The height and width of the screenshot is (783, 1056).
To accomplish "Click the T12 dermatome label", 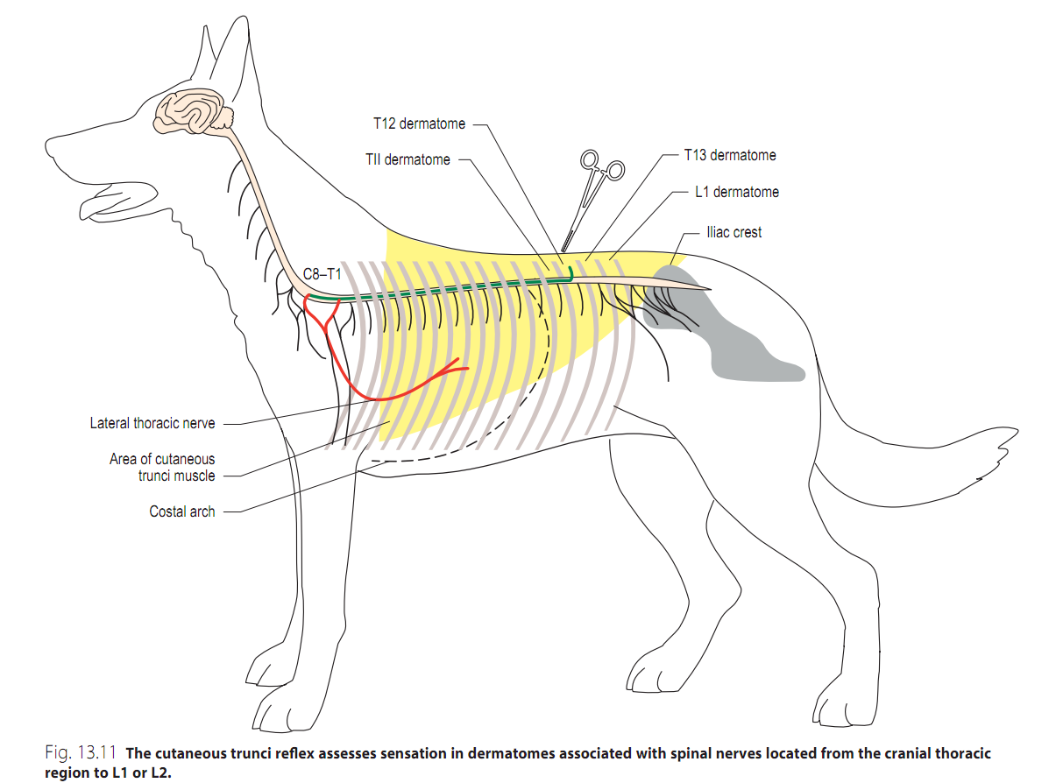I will click(419, 123).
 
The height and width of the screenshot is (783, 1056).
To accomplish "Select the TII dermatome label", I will click(408, 160).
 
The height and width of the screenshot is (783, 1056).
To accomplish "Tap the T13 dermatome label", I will click(729, 155).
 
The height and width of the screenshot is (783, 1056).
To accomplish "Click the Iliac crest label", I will click(734, 232).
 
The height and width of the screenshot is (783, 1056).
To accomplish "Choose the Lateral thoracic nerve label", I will click(152, 423).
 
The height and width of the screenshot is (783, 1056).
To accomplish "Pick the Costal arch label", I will click(181, 511).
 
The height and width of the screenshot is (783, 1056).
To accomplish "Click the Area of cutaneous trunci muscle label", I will click(162, 467).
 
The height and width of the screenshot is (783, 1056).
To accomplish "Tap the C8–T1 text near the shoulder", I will click(322, 274).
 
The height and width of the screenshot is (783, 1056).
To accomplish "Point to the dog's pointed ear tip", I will click(237, 21).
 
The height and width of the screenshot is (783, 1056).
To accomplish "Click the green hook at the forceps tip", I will click(570, 273).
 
